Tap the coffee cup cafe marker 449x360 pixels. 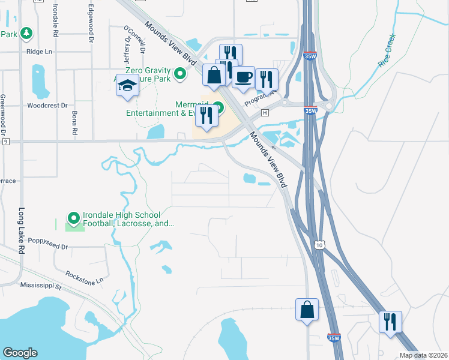[x=243, y=77]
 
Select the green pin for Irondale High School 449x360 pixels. [x=74, y=217]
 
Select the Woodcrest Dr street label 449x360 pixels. [x=45, y=105]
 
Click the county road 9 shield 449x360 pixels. [x=5, y=142]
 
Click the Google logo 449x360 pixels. [x=20, y=353]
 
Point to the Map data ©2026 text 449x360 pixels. [x=423, y=355]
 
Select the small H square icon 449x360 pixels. [x=264, y=113]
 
